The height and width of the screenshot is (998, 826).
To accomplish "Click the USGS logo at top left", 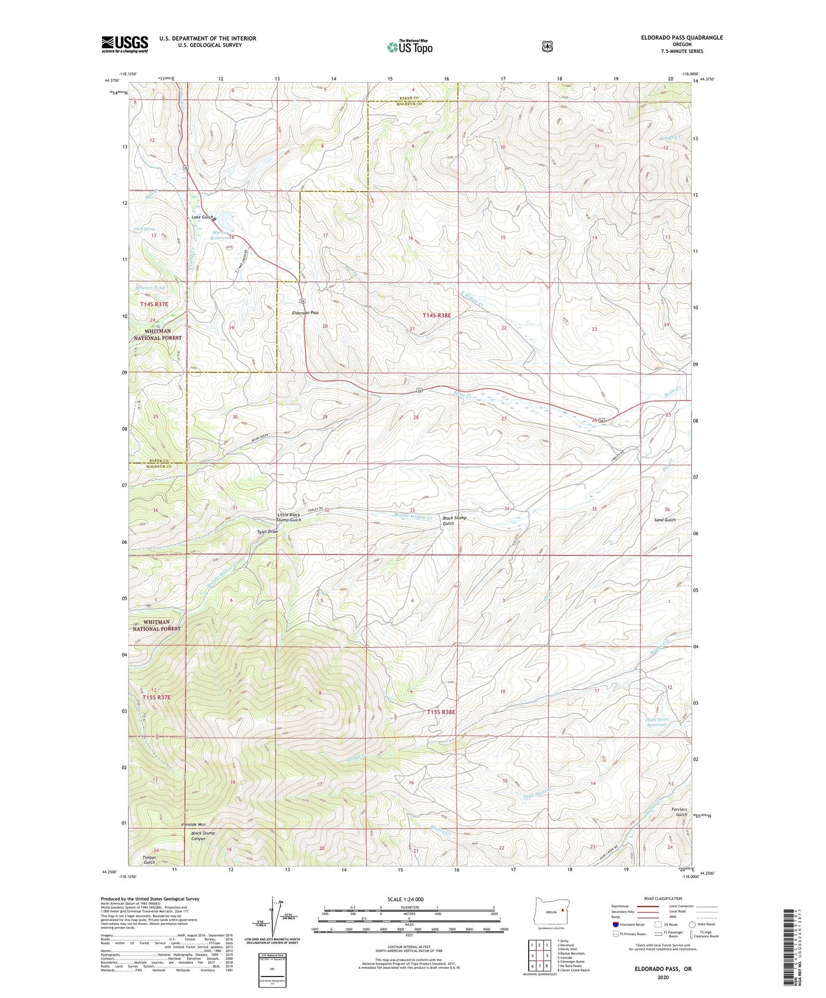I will tap(124, 44).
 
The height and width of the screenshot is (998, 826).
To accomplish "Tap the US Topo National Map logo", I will tap(410, 46).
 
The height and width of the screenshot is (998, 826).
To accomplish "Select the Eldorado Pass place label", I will tap(306, 312).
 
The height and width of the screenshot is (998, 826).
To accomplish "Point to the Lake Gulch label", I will tap(202, 217).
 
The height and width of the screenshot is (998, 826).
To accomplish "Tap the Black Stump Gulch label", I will tap(454, 520).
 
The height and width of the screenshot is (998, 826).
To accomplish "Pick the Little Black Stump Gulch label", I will tap(289, 517).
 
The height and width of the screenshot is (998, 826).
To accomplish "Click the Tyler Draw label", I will tap(267, 532).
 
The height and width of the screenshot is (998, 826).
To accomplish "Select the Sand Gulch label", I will tap(665, 520).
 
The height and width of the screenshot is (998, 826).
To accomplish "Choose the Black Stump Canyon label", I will tap(203, 836).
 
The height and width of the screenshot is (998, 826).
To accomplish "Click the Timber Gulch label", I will tap(149, 859).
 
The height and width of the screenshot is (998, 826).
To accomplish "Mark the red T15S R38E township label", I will tap(442, 712).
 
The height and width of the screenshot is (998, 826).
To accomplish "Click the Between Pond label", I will tap(150, 287).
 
